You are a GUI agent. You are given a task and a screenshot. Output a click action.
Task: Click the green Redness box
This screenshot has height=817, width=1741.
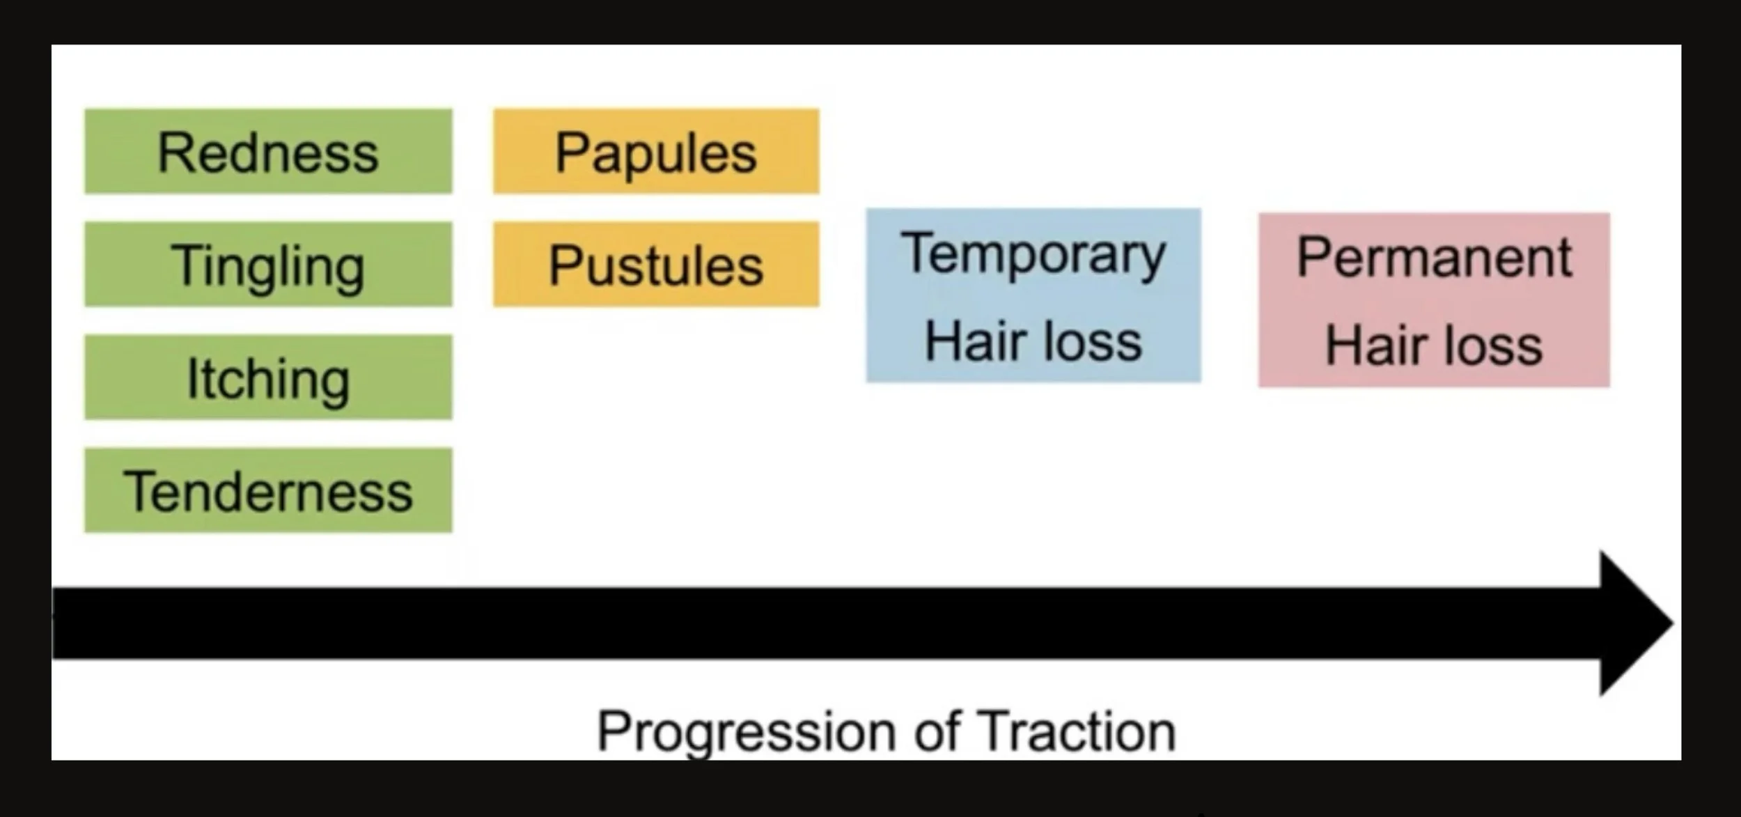click(268, 151)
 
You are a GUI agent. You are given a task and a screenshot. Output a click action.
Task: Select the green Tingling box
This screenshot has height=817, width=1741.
click(268, 264)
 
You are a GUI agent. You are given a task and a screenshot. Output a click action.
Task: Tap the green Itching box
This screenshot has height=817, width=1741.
click(268, 377)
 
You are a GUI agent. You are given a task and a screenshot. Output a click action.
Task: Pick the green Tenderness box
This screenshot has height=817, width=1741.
click(268, 490)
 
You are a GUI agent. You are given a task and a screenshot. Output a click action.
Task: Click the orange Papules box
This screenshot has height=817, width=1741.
click(656, 151)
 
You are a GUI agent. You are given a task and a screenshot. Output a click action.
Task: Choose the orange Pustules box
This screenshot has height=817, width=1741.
click(656, 264)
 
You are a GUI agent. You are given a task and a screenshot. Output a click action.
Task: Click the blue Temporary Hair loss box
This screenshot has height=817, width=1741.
click(1033, 295)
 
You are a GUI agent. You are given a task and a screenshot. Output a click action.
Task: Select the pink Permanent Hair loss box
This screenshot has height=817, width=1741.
click(1434, 299)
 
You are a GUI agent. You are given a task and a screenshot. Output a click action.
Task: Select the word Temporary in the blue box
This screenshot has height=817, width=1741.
click(1033, 254)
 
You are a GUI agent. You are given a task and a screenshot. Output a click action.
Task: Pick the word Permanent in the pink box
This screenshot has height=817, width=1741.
click(1434, 258)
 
